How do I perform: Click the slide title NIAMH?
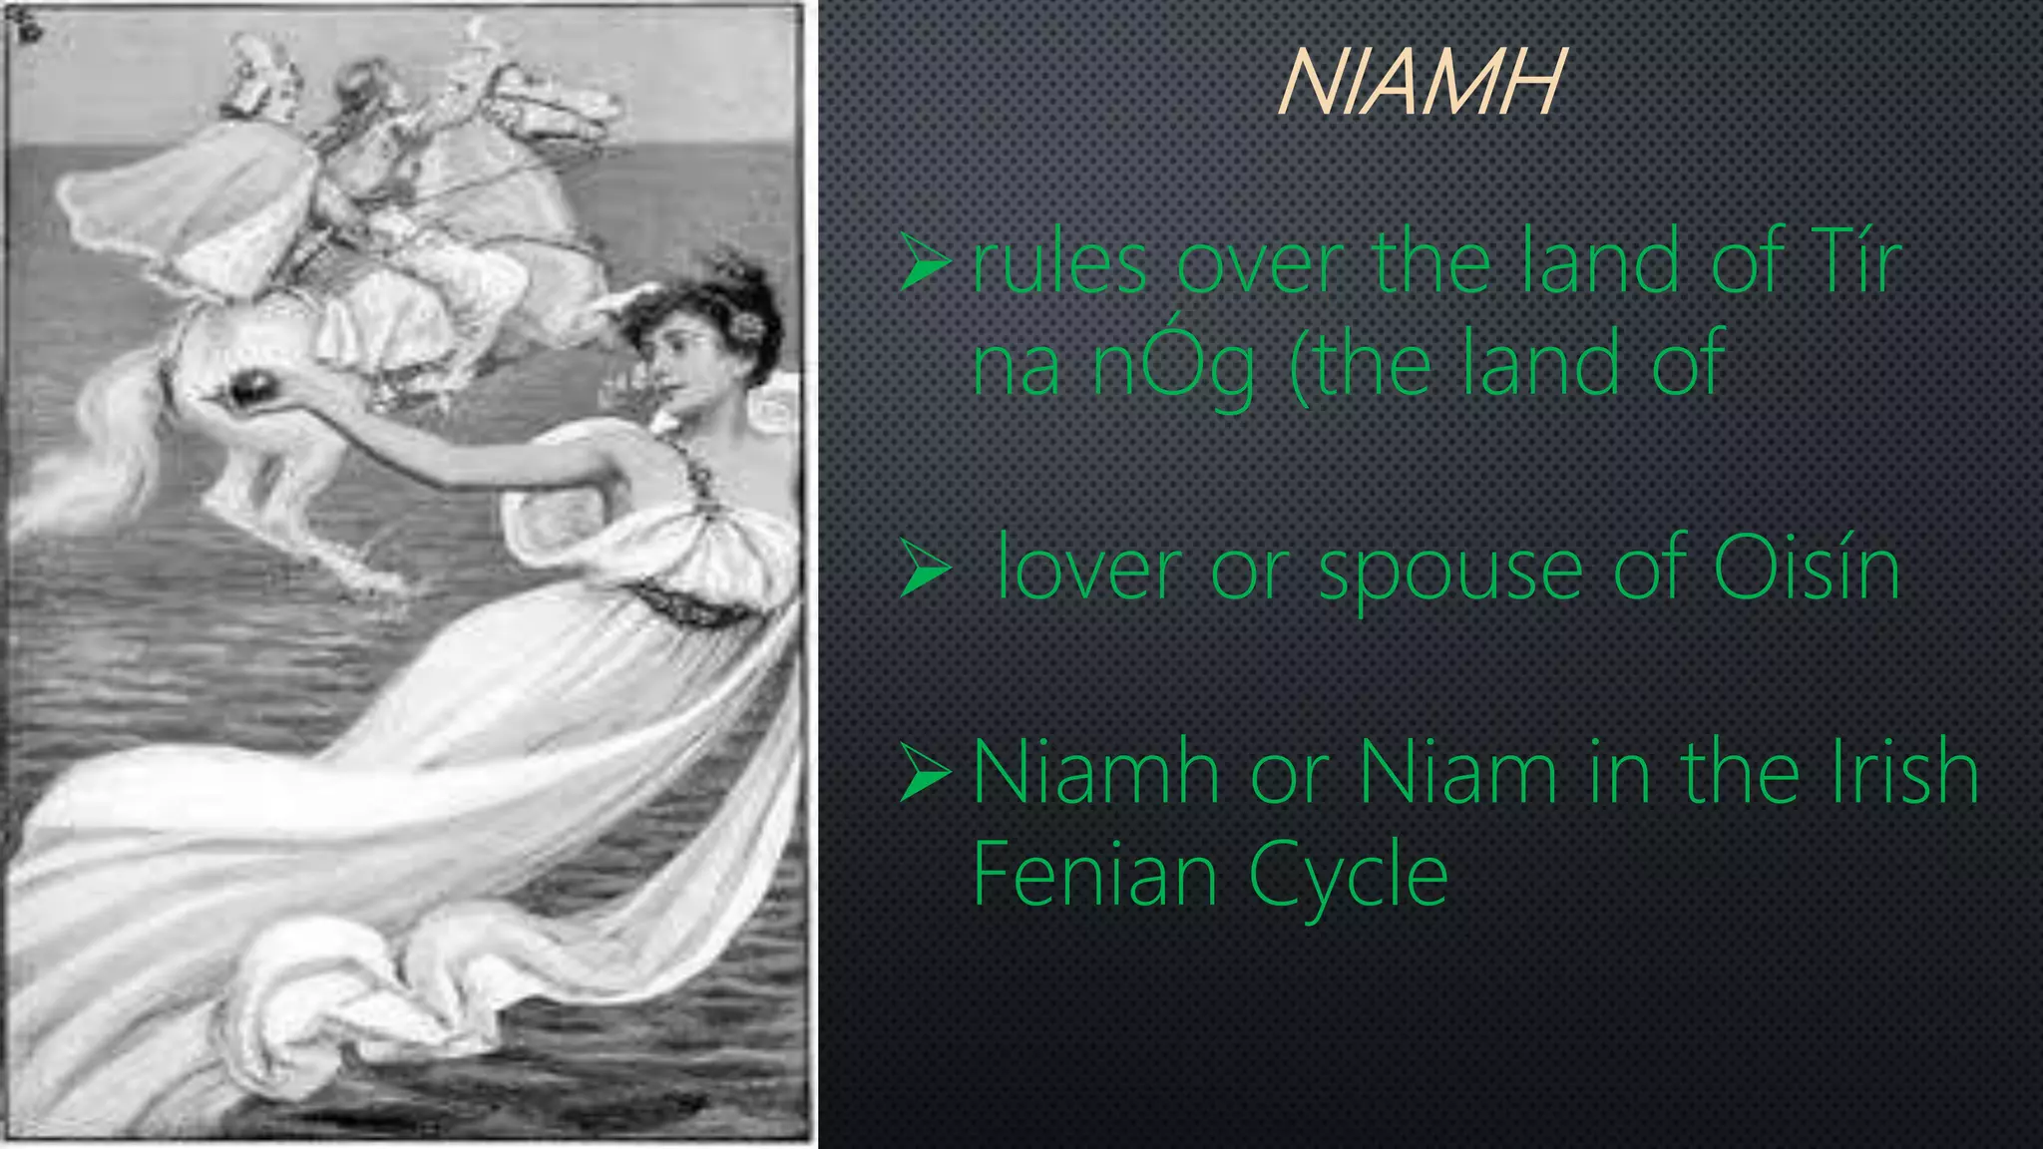tap(1420, 83)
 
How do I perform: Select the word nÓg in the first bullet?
tap(1173, 366)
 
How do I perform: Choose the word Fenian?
tap(1093, 874)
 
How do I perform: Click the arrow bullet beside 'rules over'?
tap(924, 262)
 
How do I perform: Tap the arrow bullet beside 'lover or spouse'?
tap(924, 570)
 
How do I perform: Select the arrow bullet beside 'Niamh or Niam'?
tap(924, 773)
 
